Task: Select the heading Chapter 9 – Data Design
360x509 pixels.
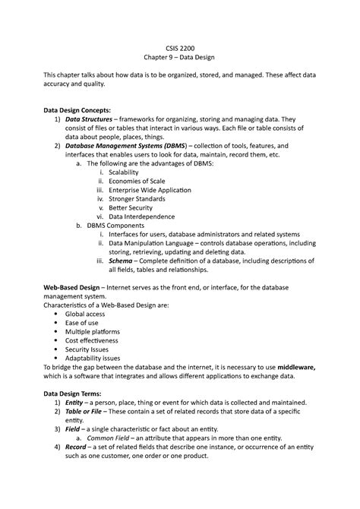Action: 180,63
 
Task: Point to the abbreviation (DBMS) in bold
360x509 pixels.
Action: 194,146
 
